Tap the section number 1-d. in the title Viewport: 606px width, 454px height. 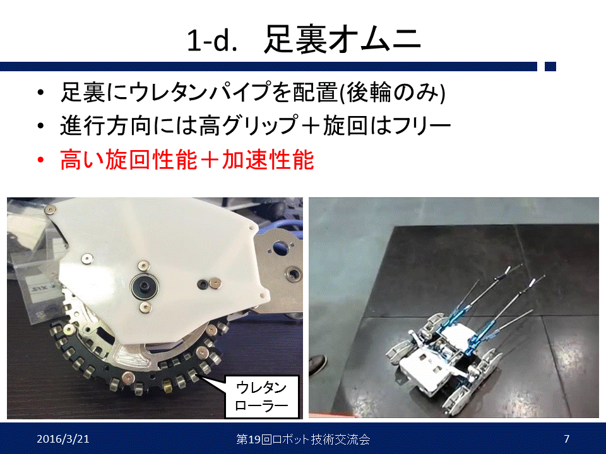pyautogui.click(x=212, y=40)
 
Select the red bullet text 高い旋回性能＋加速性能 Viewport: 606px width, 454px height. pyautogui.click(x=187, y=160)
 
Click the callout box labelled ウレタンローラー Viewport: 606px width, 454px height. pyautogui.click(x=262, y=397)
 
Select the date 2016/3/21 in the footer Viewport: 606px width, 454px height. pyautogui.click(x=63, y=439)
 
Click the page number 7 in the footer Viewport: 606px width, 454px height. pyautogui.click(x=567, y=439)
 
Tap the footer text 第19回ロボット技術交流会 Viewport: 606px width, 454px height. pyautogui.click(x=303, y=439)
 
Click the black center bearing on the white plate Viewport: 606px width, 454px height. pyautogui.click(x=144, y=286)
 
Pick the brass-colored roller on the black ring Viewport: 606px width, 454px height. pyautogui.click(x=167, y=386)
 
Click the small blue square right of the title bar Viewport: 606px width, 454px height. pyautogui.click(x=550, y=66)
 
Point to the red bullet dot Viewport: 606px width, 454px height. pyautogui.click(x=40, y=160)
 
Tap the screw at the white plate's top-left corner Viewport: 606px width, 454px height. pyautogui.click(x=50, y=209)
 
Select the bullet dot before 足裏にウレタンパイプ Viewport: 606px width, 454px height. pyautogui.click(x=40, y=93)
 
